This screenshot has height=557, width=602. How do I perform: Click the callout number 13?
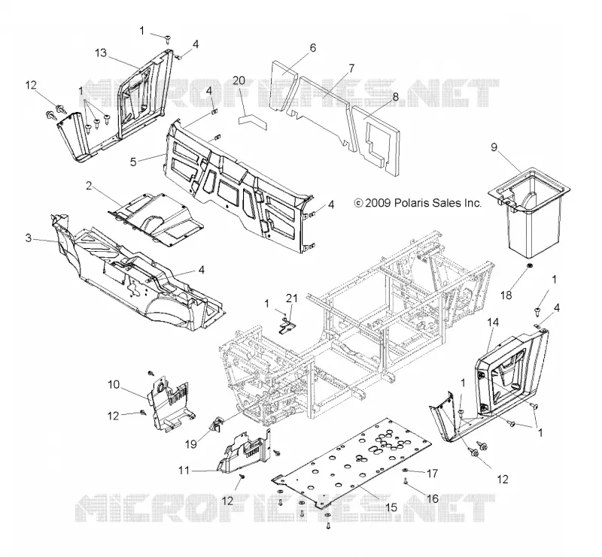[x=101, y=53]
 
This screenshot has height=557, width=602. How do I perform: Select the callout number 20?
[x=239, y=81]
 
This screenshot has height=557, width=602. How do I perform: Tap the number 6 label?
[x=313, y=48]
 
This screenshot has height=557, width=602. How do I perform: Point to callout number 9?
[x=494, y=147]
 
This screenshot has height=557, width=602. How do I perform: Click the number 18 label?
[x=506, y=295]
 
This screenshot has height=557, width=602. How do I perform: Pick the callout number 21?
[x=292, y=298]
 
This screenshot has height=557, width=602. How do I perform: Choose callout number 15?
[x=391, y=507]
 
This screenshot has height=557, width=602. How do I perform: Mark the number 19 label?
[x=191, y=444]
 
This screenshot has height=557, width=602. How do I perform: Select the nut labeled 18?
[x=529, y=265]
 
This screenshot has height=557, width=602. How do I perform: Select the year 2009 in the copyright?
[x=378, y=202]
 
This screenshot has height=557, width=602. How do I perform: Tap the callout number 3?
[x=29, y=238]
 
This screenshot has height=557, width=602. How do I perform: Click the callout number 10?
[x=114, y=384]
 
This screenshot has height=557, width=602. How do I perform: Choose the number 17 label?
[x=432, y=474]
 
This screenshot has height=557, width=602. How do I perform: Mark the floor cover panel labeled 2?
[x=157, y=218]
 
